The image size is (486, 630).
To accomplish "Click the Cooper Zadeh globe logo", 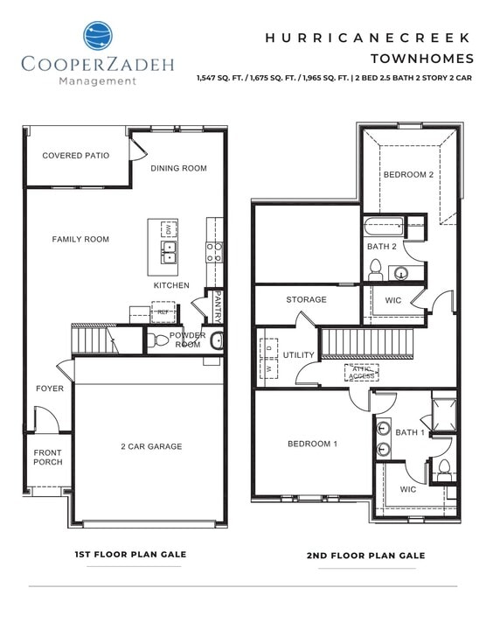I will [x=98, y=35].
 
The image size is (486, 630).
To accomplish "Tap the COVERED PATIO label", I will [x=76, y=156].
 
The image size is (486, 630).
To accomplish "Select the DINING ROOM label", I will [x=178, y=168].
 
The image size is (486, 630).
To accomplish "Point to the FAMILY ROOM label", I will [x=80, y=239].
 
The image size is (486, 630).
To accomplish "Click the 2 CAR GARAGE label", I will [x=151, y=446].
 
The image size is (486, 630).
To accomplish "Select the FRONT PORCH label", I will [x=48, y=457].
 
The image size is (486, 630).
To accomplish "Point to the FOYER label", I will [x=49, y=388].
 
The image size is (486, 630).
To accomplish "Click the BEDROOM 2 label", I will [x=408, y=175].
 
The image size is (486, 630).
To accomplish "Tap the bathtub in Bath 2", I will [x=392, y=225].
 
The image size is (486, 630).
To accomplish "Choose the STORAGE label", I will [x=306, y=300].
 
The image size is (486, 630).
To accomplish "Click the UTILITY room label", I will [x=299, y=355].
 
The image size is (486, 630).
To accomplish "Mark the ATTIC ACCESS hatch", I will [x=361, y=372].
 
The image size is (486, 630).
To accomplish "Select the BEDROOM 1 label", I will [x=312, y=444].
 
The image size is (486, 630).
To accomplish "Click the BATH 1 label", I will [x=410, y=432].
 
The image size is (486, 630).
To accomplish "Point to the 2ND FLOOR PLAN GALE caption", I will [x=365, y=556].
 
